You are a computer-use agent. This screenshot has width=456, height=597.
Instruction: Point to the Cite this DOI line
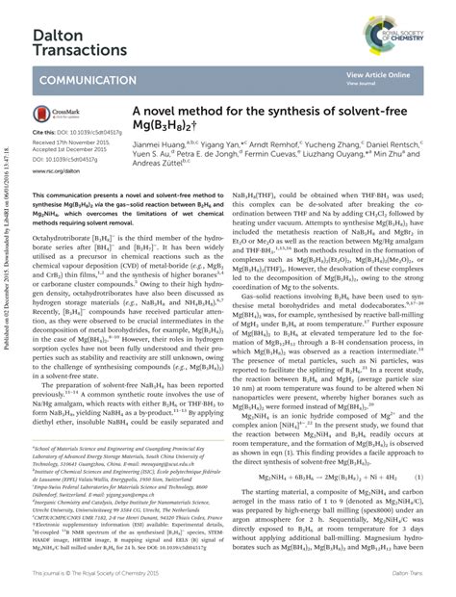pyautogui.click(x=71, y=131)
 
